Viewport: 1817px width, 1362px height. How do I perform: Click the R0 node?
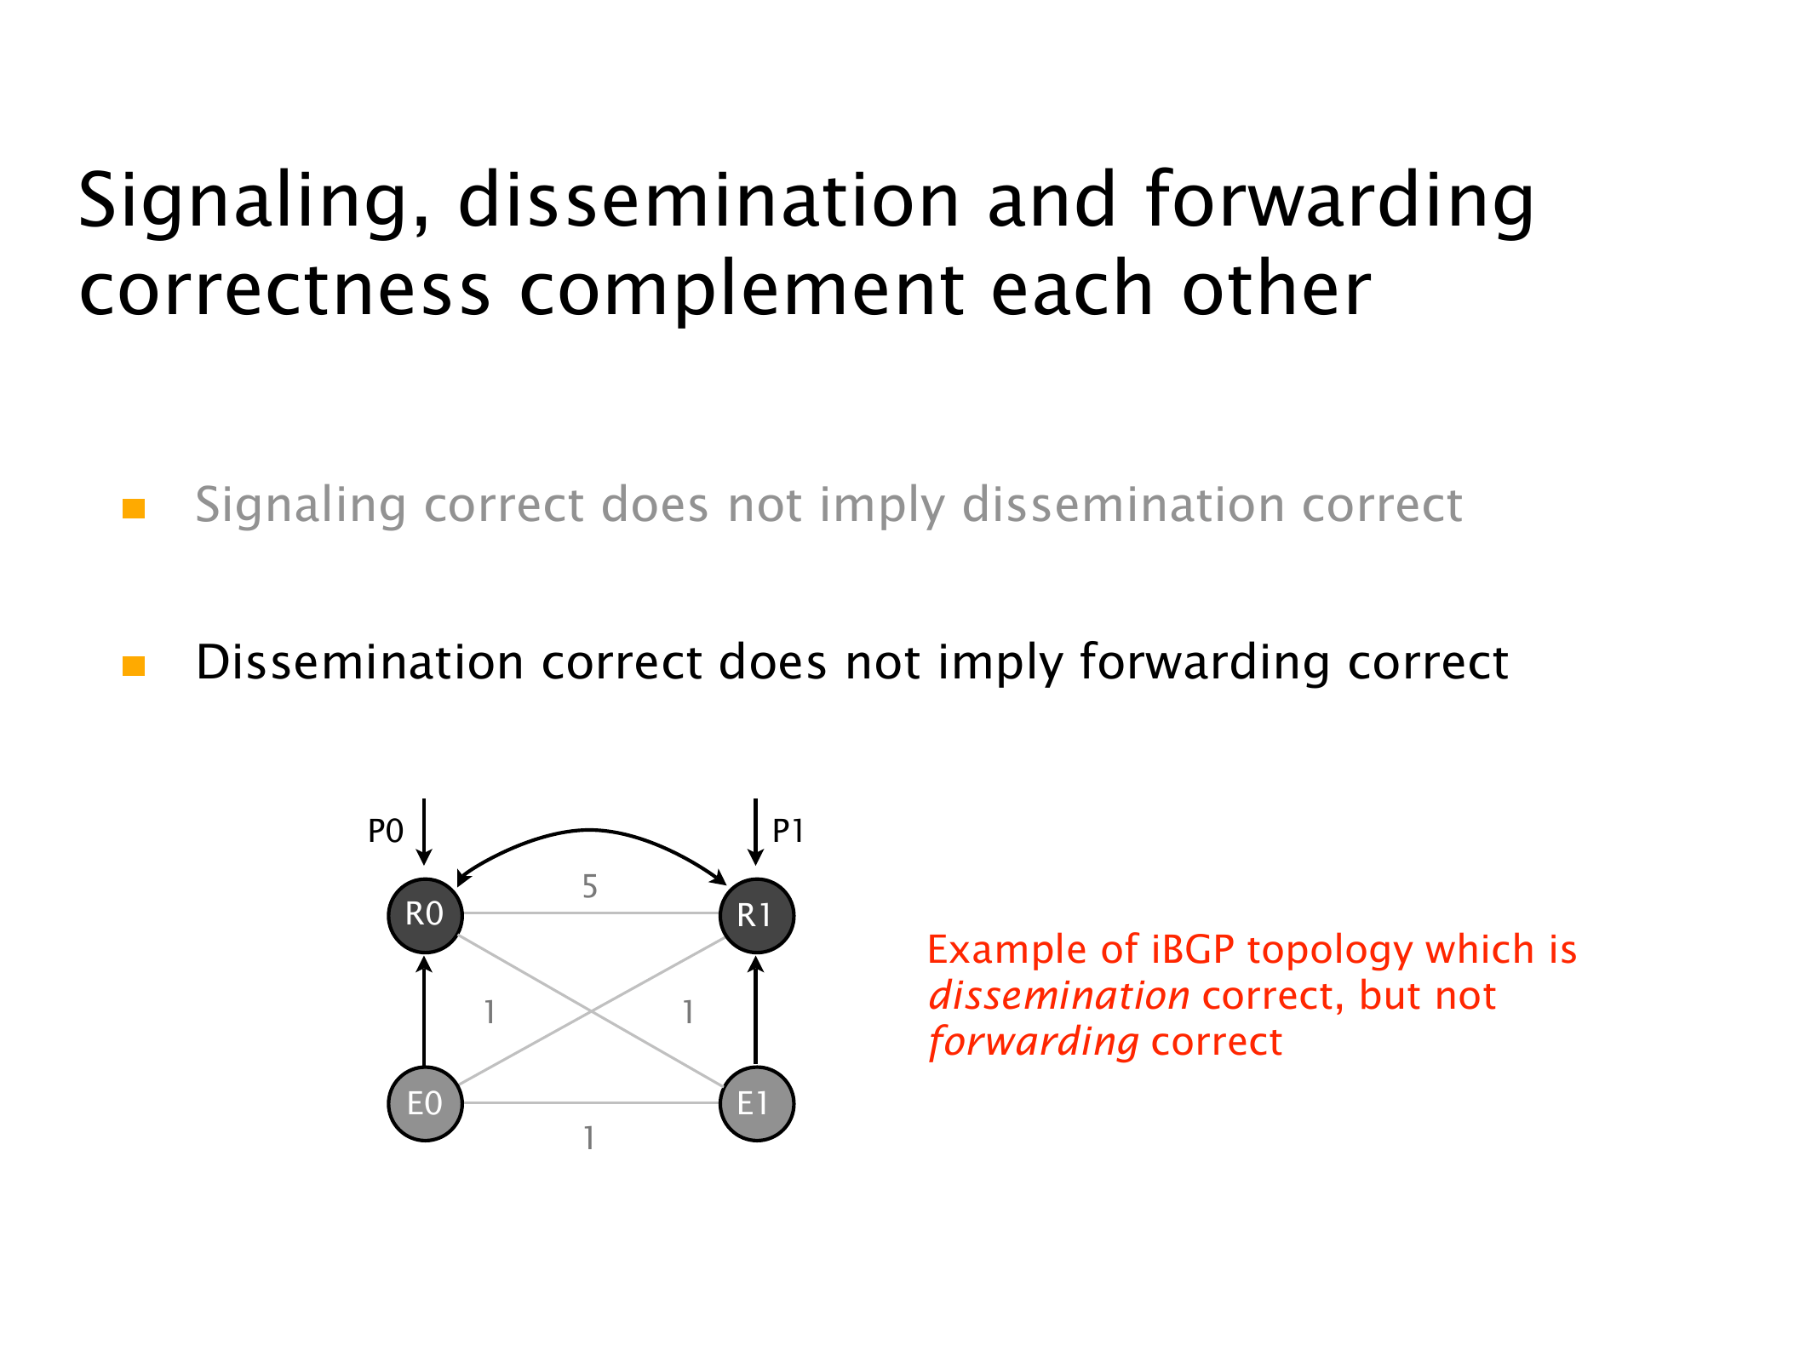[425, 915]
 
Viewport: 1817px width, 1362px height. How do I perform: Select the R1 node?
[756, 915]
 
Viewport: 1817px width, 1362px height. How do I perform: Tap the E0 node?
[425, 1103]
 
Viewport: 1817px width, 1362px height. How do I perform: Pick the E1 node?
[756, 1103]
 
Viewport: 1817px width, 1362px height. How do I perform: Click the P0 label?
[386, 831]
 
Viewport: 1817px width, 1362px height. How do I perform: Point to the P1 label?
[788, 831]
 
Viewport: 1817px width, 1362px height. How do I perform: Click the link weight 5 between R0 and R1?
[589, 887]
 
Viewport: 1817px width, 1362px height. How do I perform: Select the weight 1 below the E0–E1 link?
[588, 1138]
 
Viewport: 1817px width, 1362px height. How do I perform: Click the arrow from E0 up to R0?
[425, 1010]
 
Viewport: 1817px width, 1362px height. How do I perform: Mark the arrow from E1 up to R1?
[756, 1010]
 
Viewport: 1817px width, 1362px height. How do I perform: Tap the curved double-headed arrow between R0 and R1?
[589, 829]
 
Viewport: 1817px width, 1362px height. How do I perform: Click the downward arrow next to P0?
[424, 832]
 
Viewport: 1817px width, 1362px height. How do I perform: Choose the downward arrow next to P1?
[755, 832]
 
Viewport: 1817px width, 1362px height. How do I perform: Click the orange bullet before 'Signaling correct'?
[134, 508]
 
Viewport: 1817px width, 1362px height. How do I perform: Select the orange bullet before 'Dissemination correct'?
[134, 666]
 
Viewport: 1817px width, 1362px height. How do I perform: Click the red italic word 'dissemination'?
[1059, 996]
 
